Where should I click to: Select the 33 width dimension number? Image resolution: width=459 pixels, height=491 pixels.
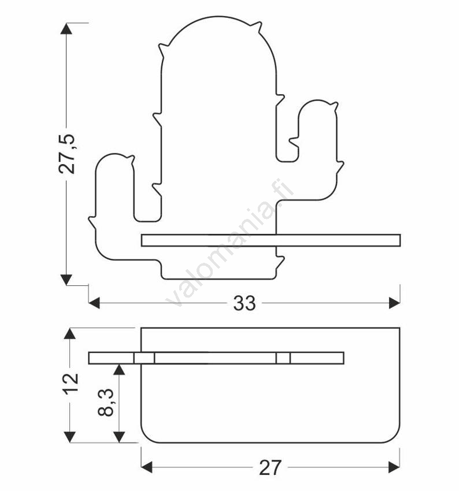click(x=245, y=303)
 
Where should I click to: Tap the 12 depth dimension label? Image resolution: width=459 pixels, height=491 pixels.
click(x=69, y=383)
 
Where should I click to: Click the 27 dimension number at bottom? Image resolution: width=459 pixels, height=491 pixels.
click(x=270, y=467)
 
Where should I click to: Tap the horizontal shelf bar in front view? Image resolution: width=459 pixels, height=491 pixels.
click(x=271, y=240)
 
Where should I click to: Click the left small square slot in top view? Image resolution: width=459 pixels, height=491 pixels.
click(x=144, y=358)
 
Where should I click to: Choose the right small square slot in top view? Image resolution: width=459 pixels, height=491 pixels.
click(x=283, y=358)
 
